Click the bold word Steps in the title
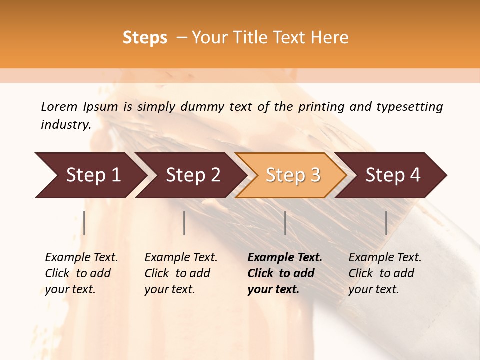click(x=145, y=38)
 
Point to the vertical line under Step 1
click(x=84, y=223)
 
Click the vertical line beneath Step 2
click(x=184, y=223)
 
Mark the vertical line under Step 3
click(x=285, y=223)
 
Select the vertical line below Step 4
click(x=386, y=223)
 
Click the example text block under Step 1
click(x=81, y=273)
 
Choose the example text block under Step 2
click(x=181, y=273)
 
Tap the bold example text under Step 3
click(x=285, y=273)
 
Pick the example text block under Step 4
click(x=385, y=273)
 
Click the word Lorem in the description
click(x=59, y=106)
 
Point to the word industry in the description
click(x=66, y=124)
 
